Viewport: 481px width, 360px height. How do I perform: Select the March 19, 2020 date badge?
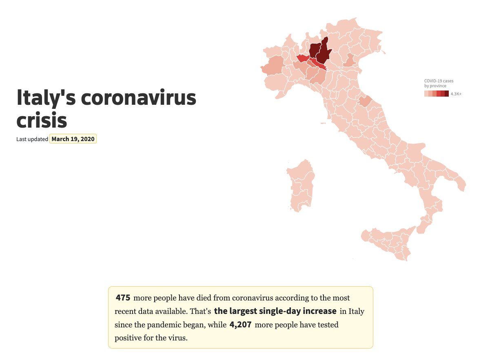(x=73, y=139)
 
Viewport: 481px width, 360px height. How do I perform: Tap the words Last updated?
(x=32, y=139)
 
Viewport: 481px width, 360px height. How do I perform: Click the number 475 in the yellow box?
(x=123, y=298)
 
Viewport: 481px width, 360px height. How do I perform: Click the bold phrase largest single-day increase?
(x=275, y=311)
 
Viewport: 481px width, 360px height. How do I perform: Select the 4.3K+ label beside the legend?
(x=456, y=94)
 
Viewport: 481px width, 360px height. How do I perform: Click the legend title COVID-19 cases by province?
(x=439, y=83)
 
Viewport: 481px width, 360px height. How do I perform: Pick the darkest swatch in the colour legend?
(x=447, y=94)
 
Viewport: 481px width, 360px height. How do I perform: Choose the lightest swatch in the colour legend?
(x=426, y=94)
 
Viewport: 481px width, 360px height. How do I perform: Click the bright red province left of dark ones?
(x=303, y=58)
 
